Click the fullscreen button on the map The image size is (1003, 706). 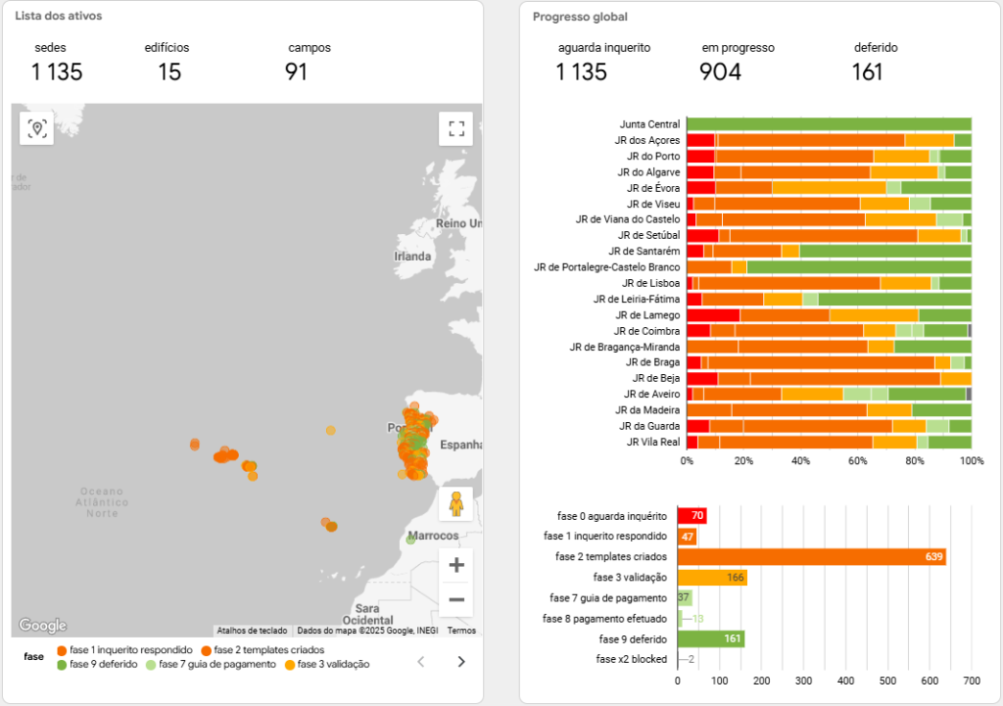[x=455, y=128]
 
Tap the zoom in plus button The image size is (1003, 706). [x=455, y=565]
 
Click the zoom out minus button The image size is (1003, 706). [x=455, y=599]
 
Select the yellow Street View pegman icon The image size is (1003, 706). [x=455, y=503]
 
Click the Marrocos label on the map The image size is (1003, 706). [x=434, y=537]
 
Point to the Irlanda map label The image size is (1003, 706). [x=412, y=257]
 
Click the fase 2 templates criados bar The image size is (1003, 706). [x=811, y=557]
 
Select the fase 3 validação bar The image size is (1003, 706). [x=712, y=578]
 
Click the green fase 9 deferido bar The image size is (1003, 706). [x=711, y=639]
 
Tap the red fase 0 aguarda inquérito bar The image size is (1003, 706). [x=692, y=516]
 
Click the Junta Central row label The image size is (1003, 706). [x=649, y=124]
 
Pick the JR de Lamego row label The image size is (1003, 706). [x=647, y=314]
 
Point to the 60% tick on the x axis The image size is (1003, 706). [x=858, y=460]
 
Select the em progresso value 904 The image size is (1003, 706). [x=720, y=71]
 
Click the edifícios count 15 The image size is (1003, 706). [x=168, y=71]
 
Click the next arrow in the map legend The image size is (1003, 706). [x=461, y=662]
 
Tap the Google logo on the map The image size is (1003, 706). [x=42, y=626]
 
